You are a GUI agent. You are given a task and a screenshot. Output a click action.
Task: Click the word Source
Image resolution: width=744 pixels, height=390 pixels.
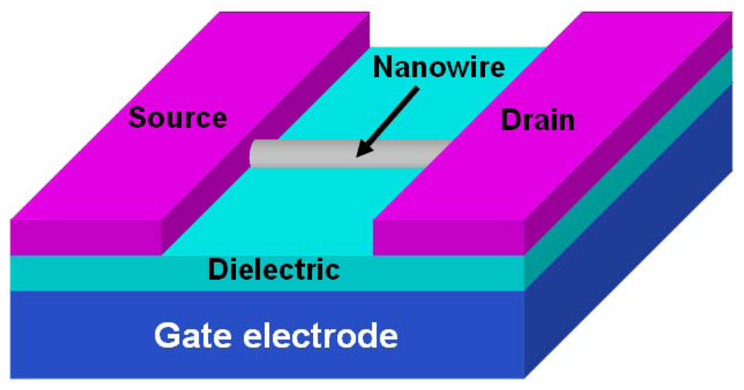point(178,117)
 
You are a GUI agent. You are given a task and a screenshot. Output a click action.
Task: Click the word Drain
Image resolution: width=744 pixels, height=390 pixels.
point(537,118)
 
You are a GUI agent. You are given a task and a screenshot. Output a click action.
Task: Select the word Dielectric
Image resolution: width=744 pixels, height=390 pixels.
point(273,269)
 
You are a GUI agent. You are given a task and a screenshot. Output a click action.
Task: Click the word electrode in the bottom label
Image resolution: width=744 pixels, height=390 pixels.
point(318,336)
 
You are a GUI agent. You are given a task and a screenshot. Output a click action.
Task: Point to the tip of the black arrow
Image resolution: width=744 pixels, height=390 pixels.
point(357,156)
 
